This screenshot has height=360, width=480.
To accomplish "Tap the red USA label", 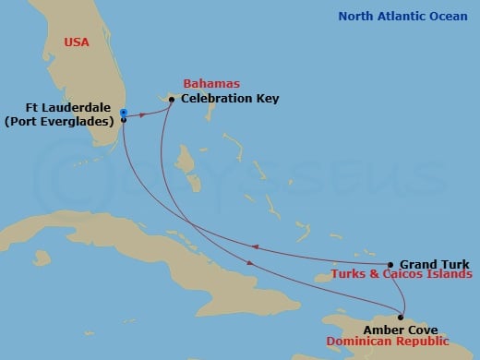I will tap(78, 42).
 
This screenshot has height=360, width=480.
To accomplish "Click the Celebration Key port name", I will tap(230, 98).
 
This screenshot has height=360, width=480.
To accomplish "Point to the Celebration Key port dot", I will tap(172, 99).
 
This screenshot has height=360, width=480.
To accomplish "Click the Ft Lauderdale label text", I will tap(71, 106).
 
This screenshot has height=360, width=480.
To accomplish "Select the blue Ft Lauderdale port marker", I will tap(124, 113).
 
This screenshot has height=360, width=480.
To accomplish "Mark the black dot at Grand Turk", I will tap(390, 264).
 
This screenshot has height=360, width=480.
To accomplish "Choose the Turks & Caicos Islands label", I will tap(403, 275).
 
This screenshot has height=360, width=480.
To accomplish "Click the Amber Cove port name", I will tap(399, 329).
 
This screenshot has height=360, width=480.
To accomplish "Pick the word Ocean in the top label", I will tap(449, 16).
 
